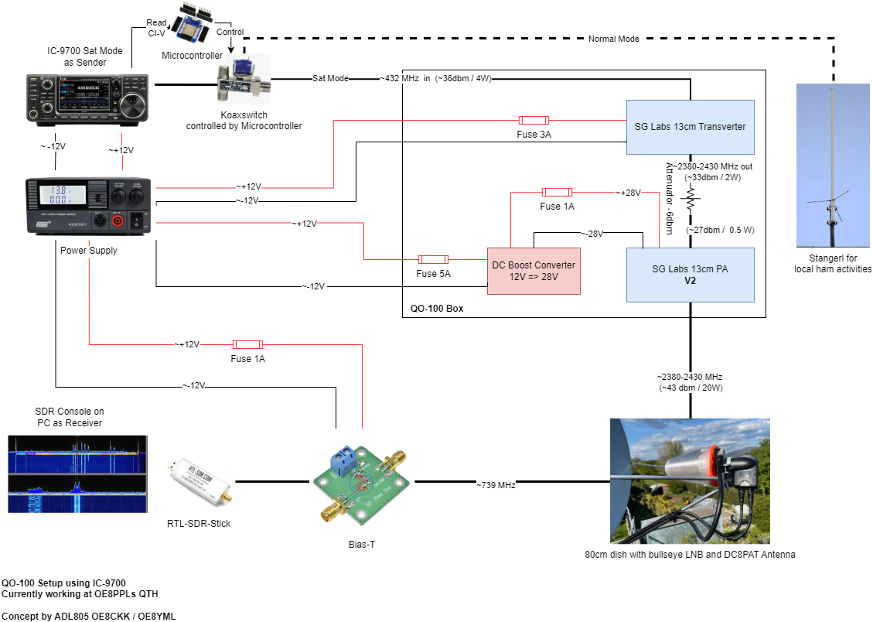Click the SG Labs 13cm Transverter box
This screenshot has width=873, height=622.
(x=690, y=127)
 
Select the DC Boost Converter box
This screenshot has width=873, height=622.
(x=534, y=271)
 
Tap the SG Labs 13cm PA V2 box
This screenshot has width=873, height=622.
(x=690, y=275)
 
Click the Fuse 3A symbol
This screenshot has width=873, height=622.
(x=534, y=120)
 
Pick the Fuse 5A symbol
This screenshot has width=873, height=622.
(x=432, y=259)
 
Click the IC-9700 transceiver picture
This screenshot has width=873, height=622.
(x=87, y=100)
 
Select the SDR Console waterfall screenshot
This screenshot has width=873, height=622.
(x=77, y=473)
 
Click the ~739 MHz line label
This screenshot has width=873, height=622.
(x=496, y=484)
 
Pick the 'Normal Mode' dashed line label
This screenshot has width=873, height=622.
(x=613, y=39)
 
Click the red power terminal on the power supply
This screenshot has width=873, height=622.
(x=118, y=222)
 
